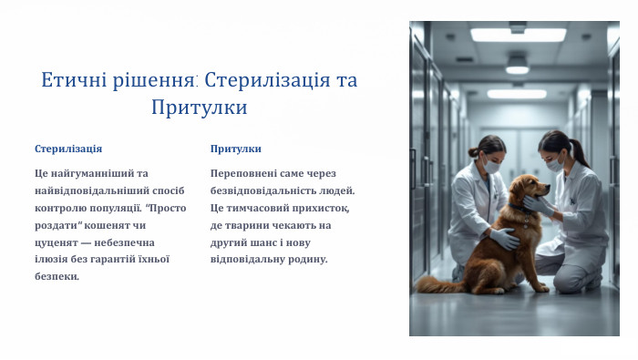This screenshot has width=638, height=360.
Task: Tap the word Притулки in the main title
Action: click(x=200, y=108)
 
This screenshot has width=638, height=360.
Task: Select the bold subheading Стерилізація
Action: click(x=68, y=149)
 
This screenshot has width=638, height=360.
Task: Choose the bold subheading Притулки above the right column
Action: click(x=235, y=149)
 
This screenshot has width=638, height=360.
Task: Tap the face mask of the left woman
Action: click(x=493, y=168)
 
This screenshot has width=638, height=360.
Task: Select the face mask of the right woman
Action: click(x=553, y=165)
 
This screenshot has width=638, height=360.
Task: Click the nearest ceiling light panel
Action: click(x=518, y=35)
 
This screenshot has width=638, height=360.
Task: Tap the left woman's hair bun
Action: click(x=473, y=151)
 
